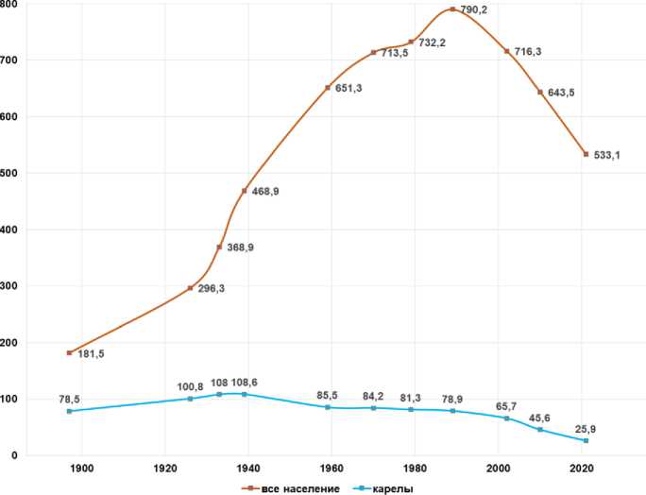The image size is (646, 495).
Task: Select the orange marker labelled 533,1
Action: click(x=586, y=154)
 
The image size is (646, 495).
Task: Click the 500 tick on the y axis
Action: click(x=9, y=173)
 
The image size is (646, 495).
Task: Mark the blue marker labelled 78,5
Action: click(x=69, y=411)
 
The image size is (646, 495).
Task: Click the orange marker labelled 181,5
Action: click(x=69, y=352)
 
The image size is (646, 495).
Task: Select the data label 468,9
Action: click(x=267, y=191)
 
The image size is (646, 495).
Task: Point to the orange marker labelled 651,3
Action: click(x=328, y=88)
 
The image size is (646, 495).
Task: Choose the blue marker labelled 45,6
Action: click(x=540, y=430)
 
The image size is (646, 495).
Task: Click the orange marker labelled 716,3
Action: click(x=507, y=51)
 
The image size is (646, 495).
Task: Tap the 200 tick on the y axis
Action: click(x=9, y=343)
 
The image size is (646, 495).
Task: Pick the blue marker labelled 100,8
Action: click(x=190, y=399)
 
